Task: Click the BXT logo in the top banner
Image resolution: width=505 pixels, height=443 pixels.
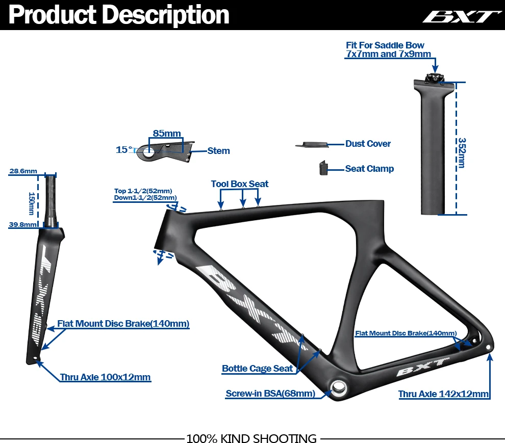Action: click(x=461, y=16)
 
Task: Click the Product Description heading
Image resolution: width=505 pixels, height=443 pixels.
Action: click(x=118, y=15)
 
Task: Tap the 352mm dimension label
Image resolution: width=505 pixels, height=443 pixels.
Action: click(x=461, y=152)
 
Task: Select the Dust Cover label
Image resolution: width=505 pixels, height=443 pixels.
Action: click(x=368, y=144)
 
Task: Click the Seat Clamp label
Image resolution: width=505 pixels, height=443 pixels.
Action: click(x=369, y=169)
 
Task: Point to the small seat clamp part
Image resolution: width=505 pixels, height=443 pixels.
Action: click(x=322, y=168)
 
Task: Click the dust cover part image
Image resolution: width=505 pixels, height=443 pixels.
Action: click(x=311, y=144)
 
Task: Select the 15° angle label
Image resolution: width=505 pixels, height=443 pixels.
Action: click(x=123, y=150)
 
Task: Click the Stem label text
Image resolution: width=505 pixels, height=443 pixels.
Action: click(x=218, y=151)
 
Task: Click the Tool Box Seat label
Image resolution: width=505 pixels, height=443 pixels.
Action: click(x=240, y=184)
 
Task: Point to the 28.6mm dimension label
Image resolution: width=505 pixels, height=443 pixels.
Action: click(x=23, y=171)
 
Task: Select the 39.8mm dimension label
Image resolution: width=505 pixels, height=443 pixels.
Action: click(x=22, y=224)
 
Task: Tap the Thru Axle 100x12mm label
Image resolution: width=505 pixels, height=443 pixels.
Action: click(x=105, y=377)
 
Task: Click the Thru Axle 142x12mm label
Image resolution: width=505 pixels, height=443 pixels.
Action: click(x=444, y=394)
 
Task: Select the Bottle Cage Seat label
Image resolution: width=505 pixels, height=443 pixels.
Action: click(x=257, y=369)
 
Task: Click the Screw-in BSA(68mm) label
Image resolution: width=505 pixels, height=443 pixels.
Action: click(x=270, y=394)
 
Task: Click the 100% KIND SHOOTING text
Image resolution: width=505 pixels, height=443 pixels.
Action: click(x=251, y=438)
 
